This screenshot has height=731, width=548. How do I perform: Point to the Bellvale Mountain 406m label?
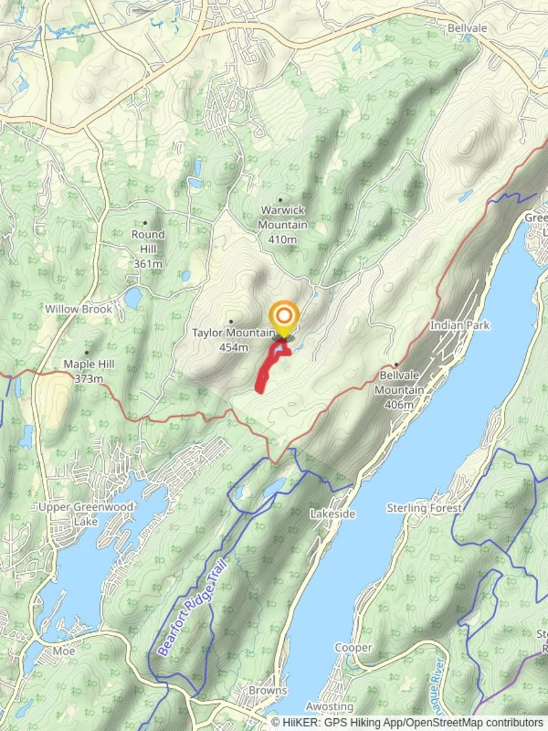pos(398,390)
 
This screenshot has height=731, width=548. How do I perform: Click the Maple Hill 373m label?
pos(89,371)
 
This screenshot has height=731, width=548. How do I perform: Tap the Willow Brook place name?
pos(79,309)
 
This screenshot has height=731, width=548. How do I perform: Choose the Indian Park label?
pos(459,326)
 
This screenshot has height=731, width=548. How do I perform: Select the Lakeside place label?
pos(332,514)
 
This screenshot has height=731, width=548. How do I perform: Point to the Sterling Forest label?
pos(424,508)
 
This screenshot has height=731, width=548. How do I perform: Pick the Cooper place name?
pos(353,648)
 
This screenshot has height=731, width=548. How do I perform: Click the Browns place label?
pos(268,690)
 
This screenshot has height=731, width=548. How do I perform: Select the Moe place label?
pos(64,650)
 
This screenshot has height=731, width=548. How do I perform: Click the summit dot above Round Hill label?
pos(145,223)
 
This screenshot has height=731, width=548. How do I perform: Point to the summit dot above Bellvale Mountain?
pos(396,365)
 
